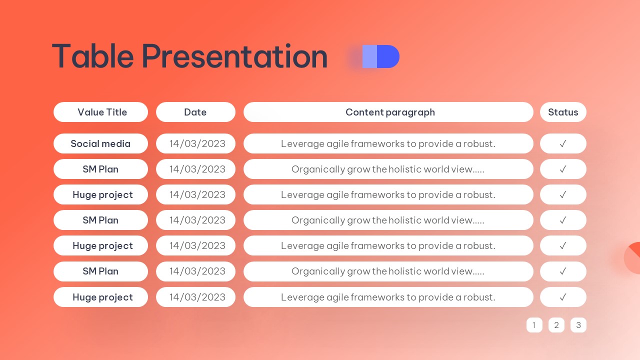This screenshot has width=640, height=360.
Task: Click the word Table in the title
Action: click(x=93, y=56)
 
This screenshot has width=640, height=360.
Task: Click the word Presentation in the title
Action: click(x=234, y=56)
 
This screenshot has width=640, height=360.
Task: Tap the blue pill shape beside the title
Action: click(x=380, y=56)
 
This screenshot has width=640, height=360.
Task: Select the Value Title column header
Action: click(x=100, y=112)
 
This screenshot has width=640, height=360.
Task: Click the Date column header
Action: click(x=195, y=112)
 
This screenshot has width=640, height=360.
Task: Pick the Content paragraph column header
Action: click(x=388, y=112)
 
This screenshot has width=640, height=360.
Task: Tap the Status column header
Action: click(x=563, y=112)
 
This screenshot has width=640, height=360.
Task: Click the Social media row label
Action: click(x=100, y=143)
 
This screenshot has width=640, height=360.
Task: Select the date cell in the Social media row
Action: click(x=195, y=143)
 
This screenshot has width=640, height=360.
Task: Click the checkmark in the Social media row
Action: click(x=563, y=143)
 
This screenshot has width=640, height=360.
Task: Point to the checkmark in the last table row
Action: click(x=563, y=297)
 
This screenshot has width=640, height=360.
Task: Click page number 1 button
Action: click(x=534, y=325)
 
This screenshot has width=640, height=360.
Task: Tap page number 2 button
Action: click(x=556, y=325)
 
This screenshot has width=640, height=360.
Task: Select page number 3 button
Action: click(x=578, y=325)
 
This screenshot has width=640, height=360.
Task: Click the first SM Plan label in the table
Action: click(x=100, y=169)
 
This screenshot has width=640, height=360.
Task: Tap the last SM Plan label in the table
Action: click(x=100, y=271)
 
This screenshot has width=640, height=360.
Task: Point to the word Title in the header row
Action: click(x=115, y=112)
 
